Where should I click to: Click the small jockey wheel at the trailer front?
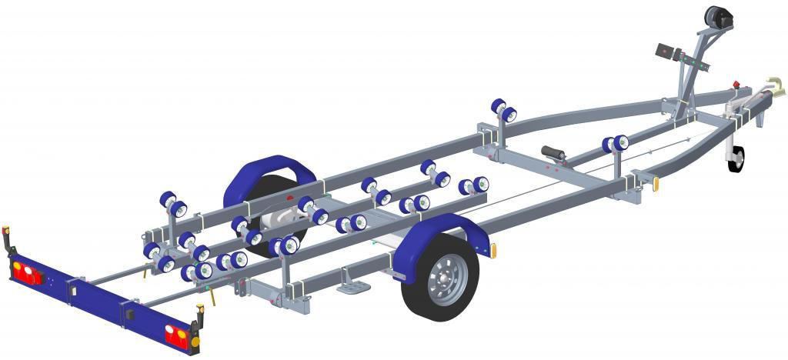coord(736,158)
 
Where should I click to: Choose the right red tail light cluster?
coord(175,332)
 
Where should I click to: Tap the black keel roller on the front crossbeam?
coord(553,152)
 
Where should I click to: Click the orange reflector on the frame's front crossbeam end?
coord(656,185)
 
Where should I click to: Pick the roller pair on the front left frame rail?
coord(503,110)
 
